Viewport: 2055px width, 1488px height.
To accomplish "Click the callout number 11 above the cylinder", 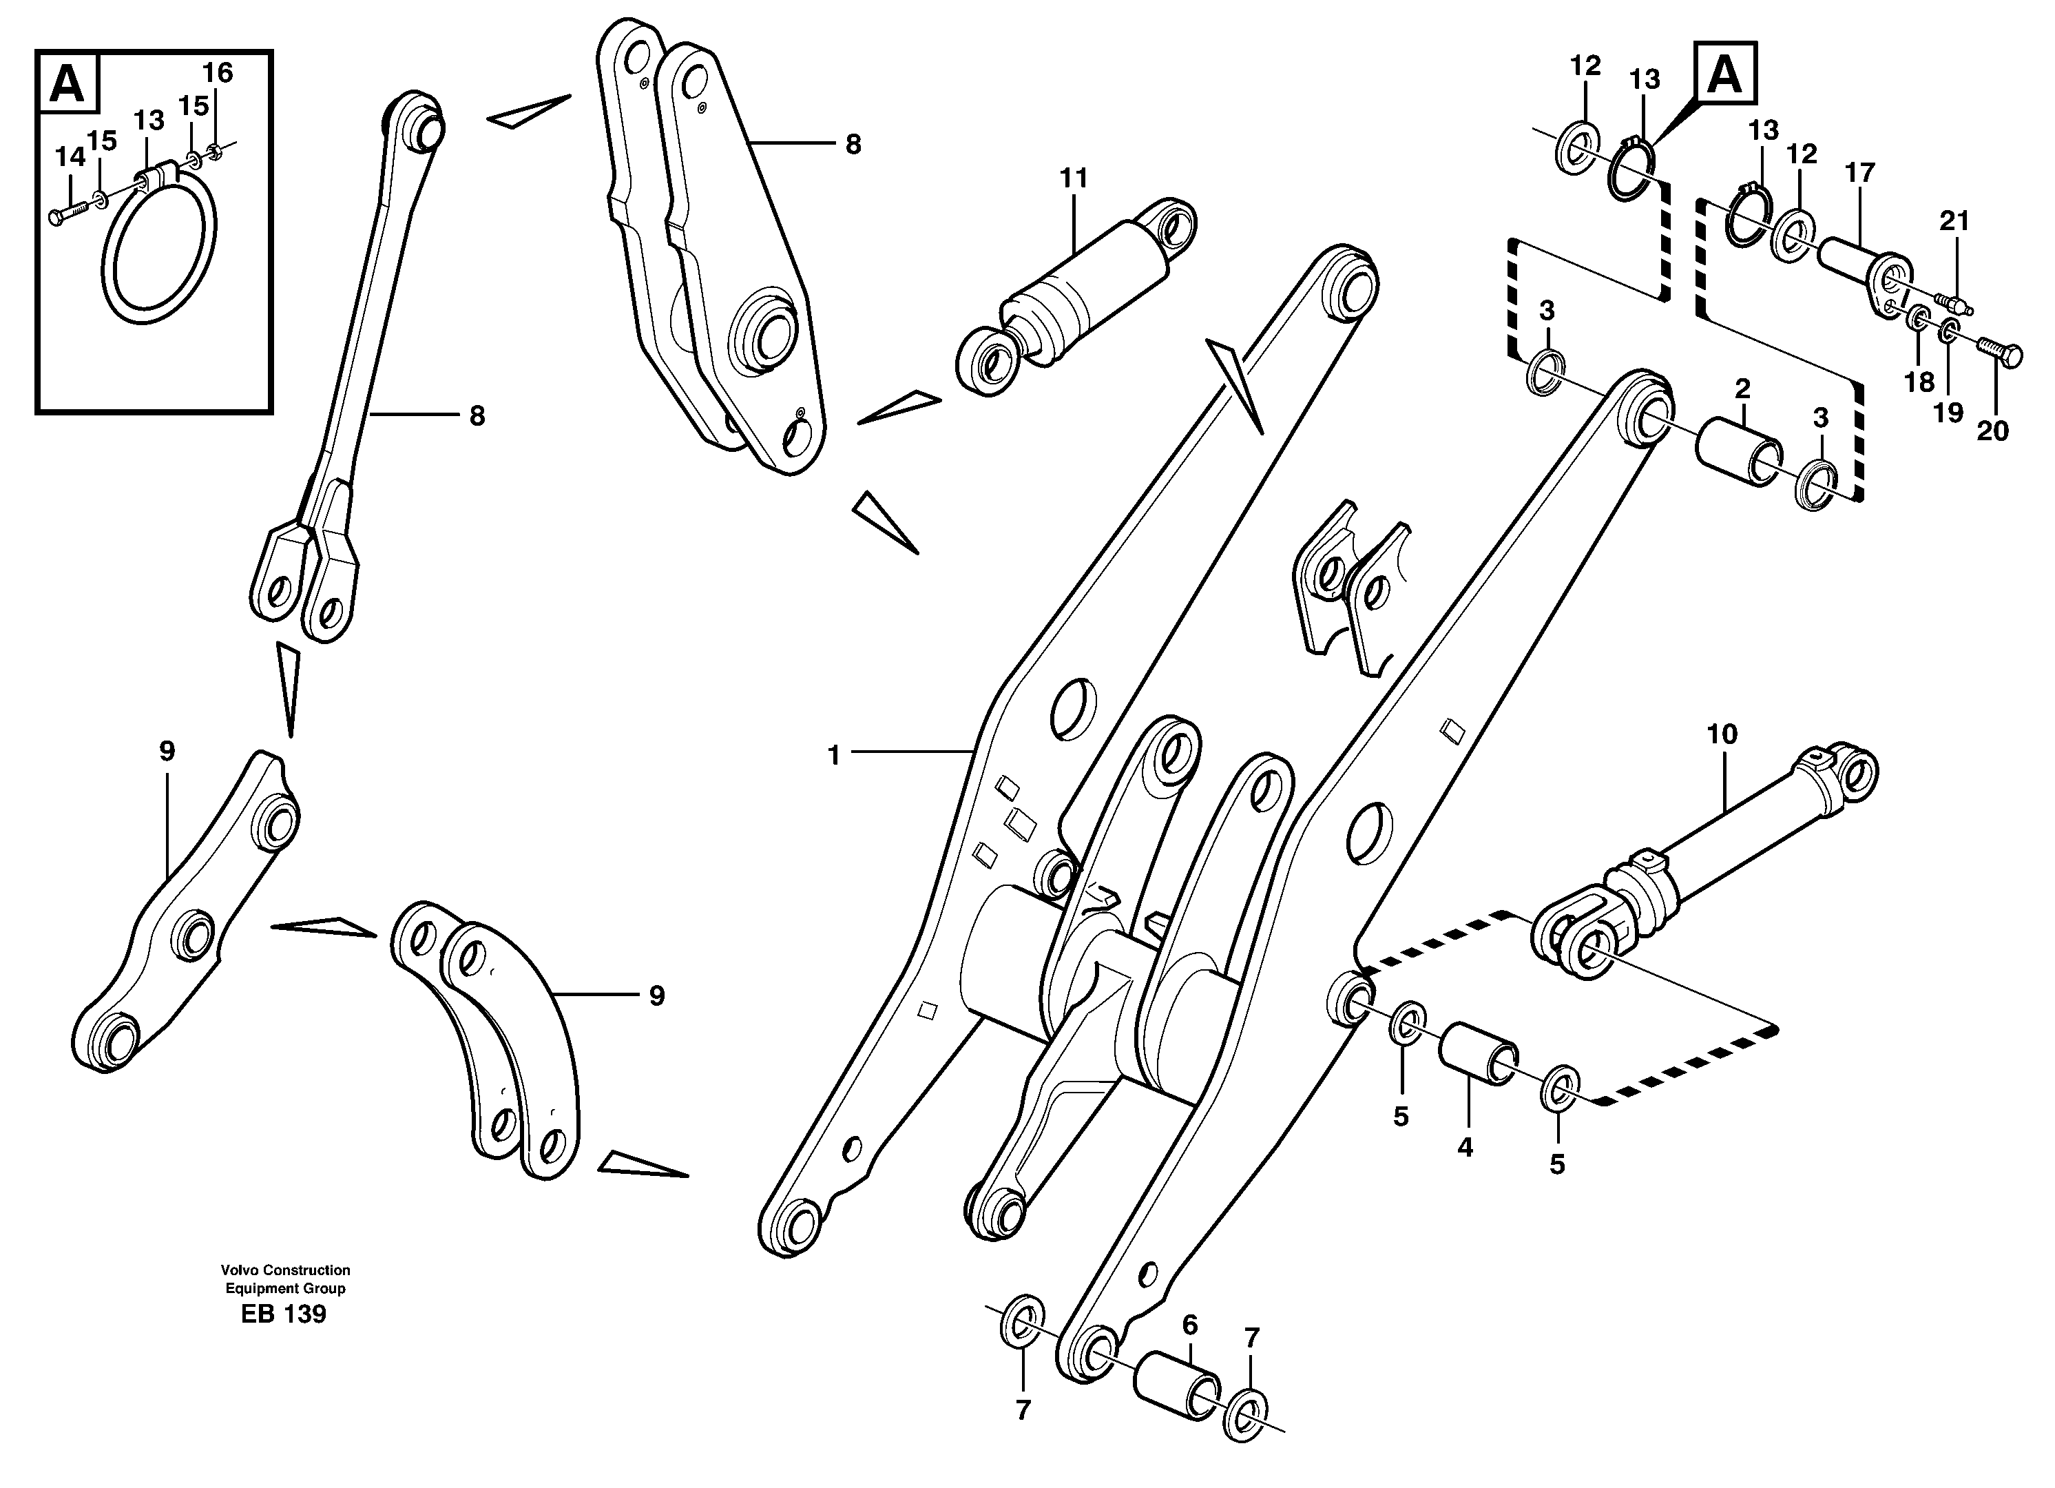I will pyautogui.click(x=1074, y=178).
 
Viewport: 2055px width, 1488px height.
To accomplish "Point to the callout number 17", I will pyautogui.click(x=1859, y=172).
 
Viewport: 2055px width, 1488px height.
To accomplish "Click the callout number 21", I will pyautogui.click(x=1954, y=220).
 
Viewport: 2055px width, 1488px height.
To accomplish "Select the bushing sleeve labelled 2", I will pyautogui.click(x=1738, y=451).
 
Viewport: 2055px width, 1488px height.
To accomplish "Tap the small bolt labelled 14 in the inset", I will pyautogui.click(x=68, y=214).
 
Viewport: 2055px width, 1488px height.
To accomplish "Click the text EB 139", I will pyautogui.click(x=284, y=1314).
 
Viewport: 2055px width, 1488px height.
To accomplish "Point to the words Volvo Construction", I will pyautogui.click(x=284, y=1270).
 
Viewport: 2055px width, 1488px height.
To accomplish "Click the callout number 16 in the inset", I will pyautogui.click(x=218, y=72).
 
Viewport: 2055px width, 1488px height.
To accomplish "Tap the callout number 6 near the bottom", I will pyautogui.click(x=1190, y=1325).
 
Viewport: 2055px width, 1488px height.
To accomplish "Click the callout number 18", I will pyautogui.click(x=1919, y=382).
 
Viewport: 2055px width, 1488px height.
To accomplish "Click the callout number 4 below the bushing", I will pyautogui.click(x=1465, y=1147).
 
